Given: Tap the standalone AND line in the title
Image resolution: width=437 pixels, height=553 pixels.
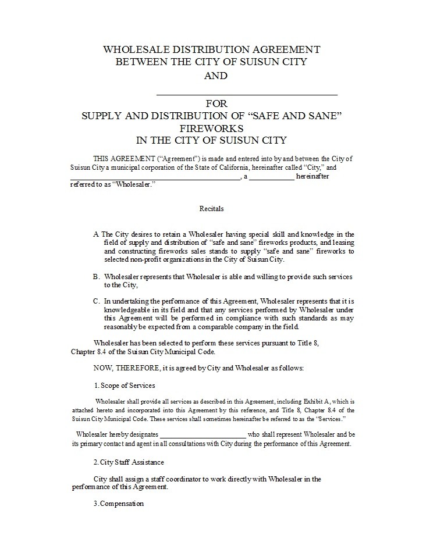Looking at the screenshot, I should pyautogui.click(x=215, y=76).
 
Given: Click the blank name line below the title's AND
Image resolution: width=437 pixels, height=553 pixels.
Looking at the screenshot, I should pyautogui.click(x=247, y=93).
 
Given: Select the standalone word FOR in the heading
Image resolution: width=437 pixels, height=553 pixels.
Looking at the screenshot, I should pyautogui.click(x=216, y=104).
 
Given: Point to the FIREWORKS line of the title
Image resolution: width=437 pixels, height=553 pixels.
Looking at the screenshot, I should pyautogui.click(x=211, y=128).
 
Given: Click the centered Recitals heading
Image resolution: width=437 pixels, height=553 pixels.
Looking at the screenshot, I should pyautogui.click(x=212, y=208).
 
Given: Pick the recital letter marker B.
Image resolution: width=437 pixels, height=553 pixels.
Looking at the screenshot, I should pyautogui.click(x=96, y=277).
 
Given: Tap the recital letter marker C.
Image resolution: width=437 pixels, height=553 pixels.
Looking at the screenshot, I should pyautogui.click(x=96, y=301).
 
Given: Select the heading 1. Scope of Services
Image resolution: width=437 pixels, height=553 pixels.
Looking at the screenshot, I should pyautogui.click(x=124, y=386).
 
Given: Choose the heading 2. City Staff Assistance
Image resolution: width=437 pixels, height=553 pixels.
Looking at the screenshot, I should pyautogui.click(x=129, y=462).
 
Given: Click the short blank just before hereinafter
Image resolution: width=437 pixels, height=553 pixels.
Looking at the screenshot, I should pyautogui.click(x=272, y=177).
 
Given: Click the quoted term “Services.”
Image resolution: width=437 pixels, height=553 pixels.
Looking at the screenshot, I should pyautogui.click(x=331, y=419).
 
